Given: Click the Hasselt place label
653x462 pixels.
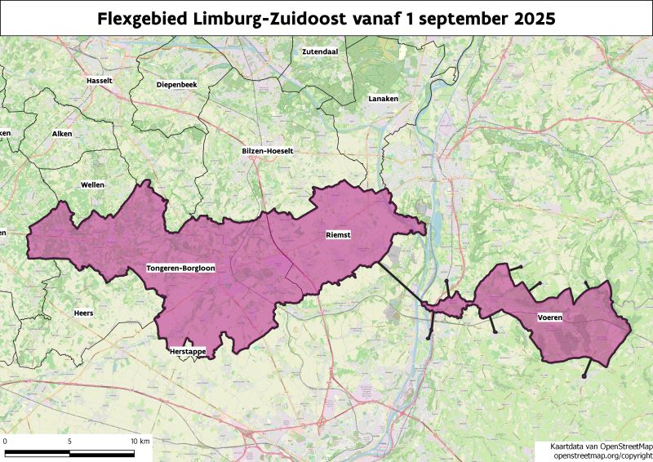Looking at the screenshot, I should pos(98,81).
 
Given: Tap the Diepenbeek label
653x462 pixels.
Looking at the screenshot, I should pos(177,84).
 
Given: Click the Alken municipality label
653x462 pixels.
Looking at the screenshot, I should pos(62,133).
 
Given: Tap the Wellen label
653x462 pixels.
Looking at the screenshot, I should pos(92,185).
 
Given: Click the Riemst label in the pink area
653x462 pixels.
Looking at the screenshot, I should pos(338,234).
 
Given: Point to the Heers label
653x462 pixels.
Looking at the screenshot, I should pos(84,312).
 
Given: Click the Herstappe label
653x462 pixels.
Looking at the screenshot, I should pos(187,351).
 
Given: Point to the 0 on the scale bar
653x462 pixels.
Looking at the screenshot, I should pos(6,441).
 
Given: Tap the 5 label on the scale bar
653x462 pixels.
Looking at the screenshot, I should pos(69,441).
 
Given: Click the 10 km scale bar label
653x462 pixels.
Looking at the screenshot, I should pos(140,441).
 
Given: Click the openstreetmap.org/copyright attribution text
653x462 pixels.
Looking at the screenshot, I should pos(602,455).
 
